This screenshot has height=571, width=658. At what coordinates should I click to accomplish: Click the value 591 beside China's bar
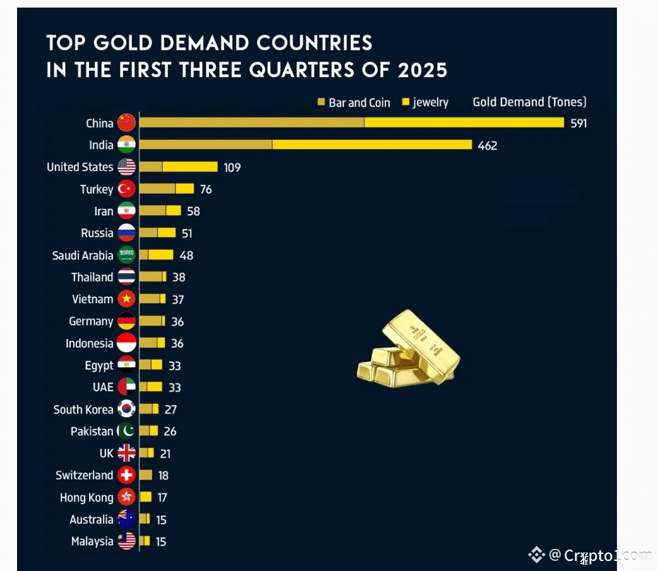click(578, 123)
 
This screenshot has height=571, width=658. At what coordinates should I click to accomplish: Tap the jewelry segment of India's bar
click(372, 145)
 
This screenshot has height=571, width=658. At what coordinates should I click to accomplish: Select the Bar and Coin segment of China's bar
click(251, 123)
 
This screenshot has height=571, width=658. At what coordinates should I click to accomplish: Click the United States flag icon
click(126, 167)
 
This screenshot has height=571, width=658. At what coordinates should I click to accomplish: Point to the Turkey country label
click(97, 189)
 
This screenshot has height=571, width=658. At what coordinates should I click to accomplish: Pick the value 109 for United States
click(232, 167)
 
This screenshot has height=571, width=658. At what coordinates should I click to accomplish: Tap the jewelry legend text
click(431, 102)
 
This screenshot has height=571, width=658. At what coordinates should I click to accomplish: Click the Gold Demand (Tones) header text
click(529, 102)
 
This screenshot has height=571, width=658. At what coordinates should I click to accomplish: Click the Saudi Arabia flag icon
click(126, 256)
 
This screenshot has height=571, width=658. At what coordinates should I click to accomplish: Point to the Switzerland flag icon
click(126, 475)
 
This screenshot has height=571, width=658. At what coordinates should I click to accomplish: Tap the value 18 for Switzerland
click(163, 476)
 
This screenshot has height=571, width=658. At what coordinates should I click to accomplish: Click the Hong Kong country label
click(87, 498)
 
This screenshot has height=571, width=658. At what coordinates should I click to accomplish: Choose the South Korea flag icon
click(126, 409)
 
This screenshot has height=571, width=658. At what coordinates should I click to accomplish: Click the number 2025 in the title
click(422, 69)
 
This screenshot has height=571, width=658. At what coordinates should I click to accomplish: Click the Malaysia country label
click(92, 541)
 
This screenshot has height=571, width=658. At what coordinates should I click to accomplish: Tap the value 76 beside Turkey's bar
click(206, 189)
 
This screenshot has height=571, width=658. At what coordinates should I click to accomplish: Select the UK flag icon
click(126, 453)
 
